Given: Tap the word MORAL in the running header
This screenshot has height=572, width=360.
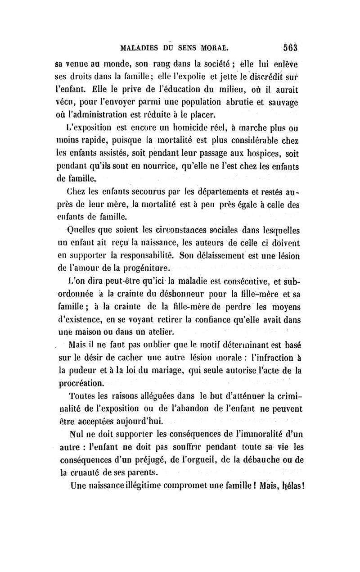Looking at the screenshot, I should (x=214, y=47).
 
